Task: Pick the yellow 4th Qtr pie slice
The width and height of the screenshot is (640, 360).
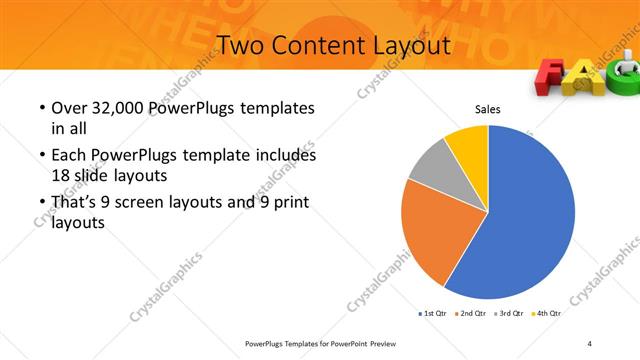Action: (x=468, y=144)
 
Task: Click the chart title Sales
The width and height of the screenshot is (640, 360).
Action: (x=487, y=109)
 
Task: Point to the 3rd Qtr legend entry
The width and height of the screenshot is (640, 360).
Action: (x=508, y=313)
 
